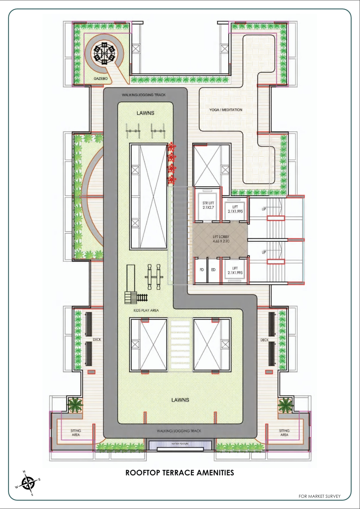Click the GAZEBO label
[101, 78]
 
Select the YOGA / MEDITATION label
[226, 110]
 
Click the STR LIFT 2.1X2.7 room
[208, 205]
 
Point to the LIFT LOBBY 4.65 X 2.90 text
[221, 239]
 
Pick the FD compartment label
[201, 270]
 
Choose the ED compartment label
[213, 270]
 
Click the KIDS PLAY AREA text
[146, 310]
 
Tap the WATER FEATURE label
[180, 444]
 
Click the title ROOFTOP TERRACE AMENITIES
[179, 473]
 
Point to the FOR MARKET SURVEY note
[319, 496]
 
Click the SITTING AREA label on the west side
[76, 433]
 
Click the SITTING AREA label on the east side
[284, 433]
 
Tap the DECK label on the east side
[265, 340]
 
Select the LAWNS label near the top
[145, 113]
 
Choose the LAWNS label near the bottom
[180, 400]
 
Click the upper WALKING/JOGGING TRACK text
[144, 95]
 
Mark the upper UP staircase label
[264, 209]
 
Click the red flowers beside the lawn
[172, 163]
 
